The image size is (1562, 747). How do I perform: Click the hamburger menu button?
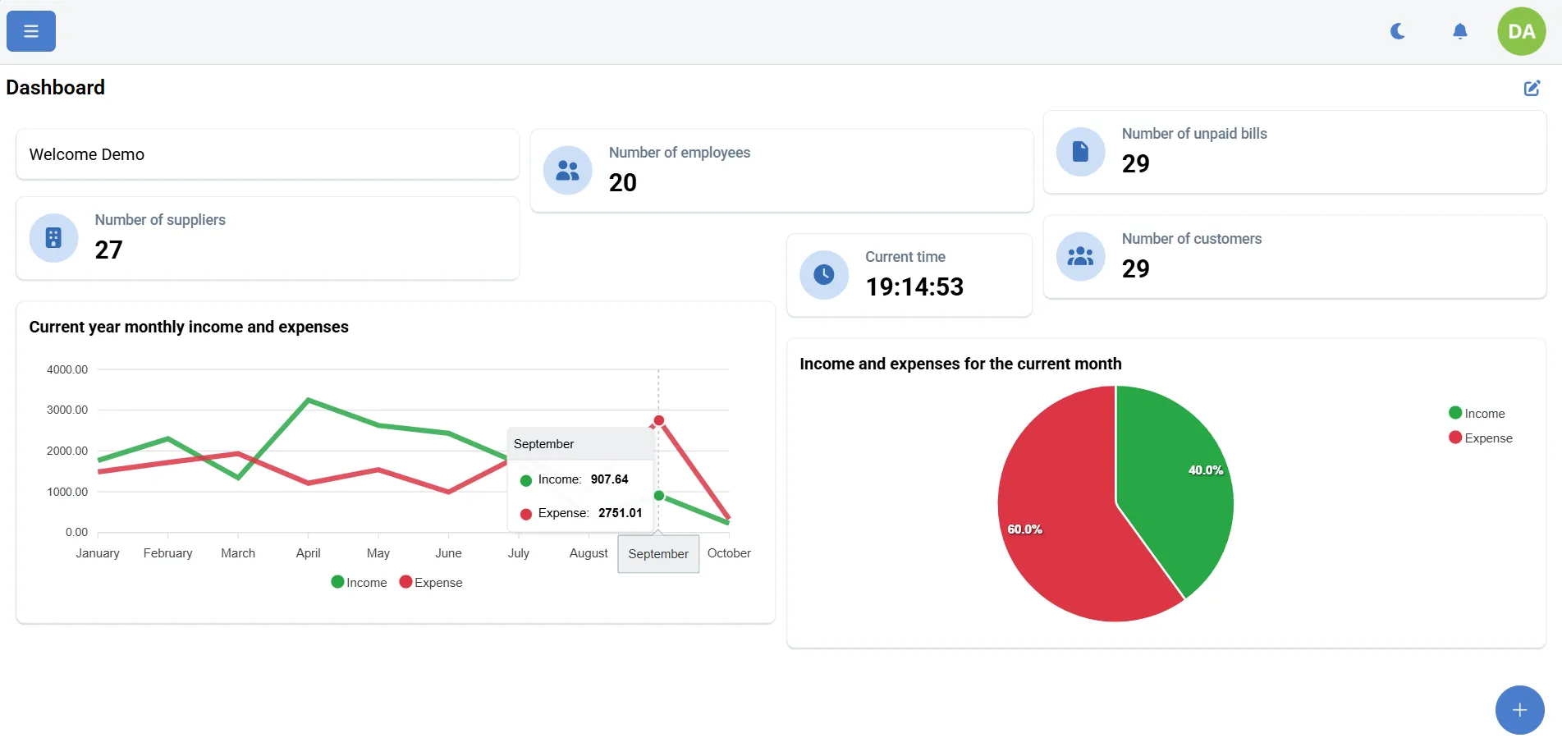(x=31, y=31)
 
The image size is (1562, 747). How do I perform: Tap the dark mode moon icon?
(x=1398, y=31)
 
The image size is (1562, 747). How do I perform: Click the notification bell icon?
(x=1459, y=31)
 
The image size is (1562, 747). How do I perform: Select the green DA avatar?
(x=1521, y=31)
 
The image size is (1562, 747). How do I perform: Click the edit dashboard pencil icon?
(x=1532, y=88)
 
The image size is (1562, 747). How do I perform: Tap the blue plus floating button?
(x=1519, y=710)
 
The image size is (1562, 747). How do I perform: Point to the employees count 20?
(x=623, y=182)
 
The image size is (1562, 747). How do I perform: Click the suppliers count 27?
(x=108, y=250)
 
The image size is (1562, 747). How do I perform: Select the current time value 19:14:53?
(x=914, y=286)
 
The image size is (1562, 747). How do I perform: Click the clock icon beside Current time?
(x=824, y=274)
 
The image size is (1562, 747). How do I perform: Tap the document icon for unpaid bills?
(x=1080, y=151)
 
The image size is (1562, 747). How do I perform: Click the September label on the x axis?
(x=658, y=554)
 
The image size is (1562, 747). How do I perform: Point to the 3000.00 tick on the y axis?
(x=67, y=410)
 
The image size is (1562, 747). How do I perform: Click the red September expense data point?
(x=658, y=420)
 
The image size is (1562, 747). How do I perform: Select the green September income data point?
(x=658, y=496)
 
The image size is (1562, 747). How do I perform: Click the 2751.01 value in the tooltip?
(x=620, y=513)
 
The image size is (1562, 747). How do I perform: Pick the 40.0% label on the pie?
(x=1205, y=470)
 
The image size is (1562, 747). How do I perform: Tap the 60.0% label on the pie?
(x=1024, y=529)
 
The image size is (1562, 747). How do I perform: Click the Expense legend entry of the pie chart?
(x=1481, y=438)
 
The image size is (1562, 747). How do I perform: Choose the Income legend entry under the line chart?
(x=359, y=583)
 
